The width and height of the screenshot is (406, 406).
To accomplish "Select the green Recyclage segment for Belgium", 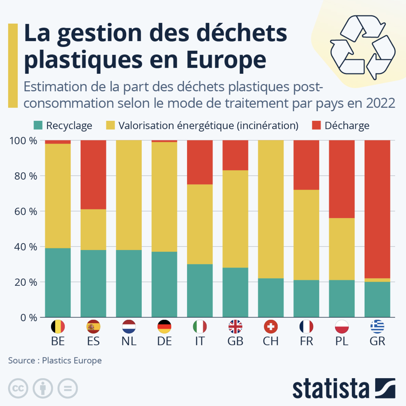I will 58,282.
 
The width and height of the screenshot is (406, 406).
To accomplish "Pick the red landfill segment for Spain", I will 93,175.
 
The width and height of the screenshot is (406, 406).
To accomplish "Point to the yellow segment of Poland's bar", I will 342,249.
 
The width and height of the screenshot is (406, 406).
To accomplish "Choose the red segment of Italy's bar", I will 200,162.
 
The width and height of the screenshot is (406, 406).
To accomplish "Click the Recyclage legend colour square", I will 38,125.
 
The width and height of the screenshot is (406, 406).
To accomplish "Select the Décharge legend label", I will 347,125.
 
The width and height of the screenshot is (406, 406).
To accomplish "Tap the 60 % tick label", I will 26,211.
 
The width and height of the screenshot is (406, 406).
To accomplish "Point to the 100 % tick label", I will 23,141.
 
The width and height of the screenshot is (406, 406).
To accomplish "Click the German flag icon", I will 164,327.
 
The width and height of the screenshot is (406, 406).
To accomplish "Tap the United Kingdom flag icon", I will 235,327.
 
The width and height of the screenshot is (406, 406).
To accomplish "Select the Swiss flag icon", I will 271,327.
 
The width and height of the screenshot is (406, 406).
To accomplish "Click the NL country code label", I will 129,341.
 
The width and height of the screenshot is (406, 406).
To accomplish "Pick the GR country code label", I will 377,341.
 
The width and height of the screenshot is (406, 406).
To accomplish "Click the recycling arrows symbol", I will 362,47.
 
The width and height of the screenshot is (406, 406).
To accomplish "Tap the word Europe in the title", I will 226,60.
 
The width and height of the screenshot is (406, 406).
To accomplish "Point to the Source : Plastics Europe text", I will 55,360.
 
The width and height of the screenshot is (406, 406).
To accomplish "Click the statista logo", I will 344,388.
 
